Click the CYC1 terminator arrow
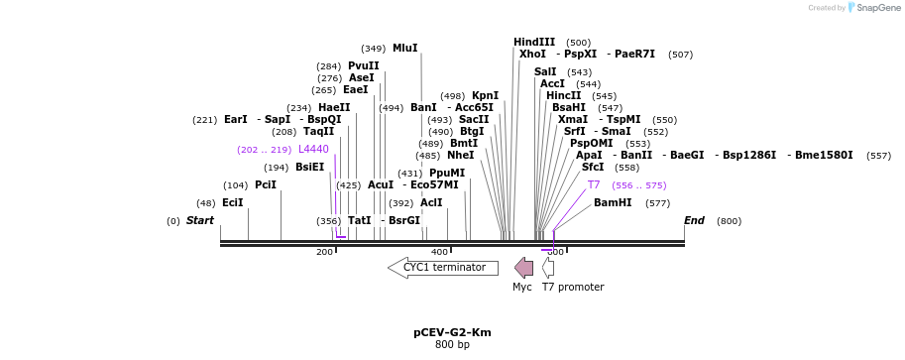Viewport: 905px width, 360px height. tap(443, 268)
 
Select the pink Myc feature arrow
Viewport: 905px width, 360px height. tap(523, 268)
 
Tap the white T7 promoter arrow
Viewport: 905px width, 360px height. tap(548, 268)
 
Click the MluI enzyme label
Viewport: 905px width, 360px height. tap(404, 48)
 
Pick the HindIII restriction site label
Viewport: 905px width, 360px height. tap(534, 42)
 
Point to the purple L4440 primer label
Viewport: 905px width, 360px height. tap(313, 149)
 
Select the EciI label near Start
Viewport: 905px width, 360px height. tap(232, 202)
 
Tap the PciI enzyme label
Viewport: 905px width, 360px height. tap(266, 184)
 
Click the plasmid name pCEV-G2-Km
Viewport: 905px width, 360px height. tap(452, 332)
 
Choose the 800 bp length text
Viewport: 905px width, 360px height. tap(452, 345)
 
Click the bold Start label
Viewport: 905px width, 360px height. tap(200, 220)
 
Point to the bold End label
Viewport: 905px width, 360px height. tap(694, 220)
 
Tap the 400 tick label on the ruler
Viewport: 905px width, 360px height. tap(439, 252)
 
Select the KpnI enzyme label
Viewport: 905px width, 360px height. tap(485, 95)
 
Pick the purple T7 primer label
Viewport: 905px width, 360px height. tap(594, 184)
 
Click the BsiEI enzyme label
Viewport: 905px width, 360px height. tap(309, 167)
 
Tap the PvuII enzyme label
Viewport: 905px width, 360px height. tap(364, 65)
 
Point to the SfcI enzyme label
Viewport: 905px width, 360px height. tap(593, 167)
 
